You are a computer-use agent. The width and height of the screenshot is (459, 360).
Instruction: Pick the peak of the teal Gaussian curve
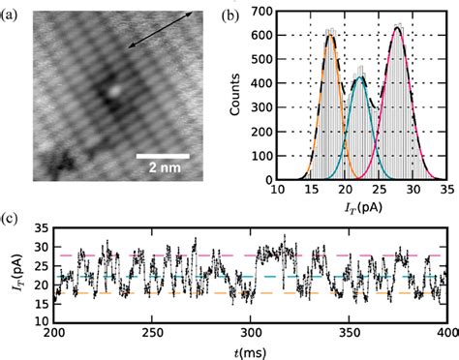pyautogui.click(x=359, y=77)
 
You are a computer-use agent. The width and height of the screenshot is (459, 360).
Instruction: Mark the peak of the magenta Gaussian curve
pyautogui.click(x=396, y=27)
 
